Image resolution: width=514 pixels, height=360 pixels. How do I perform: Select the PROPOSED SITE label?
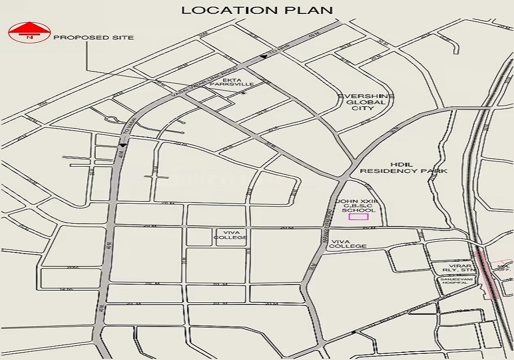click(94, 38)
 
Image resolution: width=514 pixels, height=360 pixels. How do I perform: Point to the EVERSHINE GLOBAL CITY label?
click(365, 102)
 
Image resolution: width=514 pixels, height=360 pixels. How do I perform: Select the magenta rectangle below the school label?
click(359, 217)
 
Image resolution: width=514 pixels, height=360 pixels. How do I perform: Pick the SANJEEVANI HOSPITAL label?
click(454, 280)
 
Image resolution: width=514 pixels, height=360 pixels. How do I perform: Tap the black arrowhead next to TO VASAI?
click(122, 146)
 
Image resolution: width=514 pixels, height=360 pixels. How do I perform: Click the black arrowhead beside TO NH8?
click(264, 57)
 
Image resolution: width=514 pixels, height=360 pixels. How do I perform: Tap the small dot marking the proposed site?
click(243, 93)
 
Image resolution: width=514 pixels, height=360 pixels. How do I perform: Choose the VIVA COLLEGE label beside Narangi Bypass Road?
click(349, 244)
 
